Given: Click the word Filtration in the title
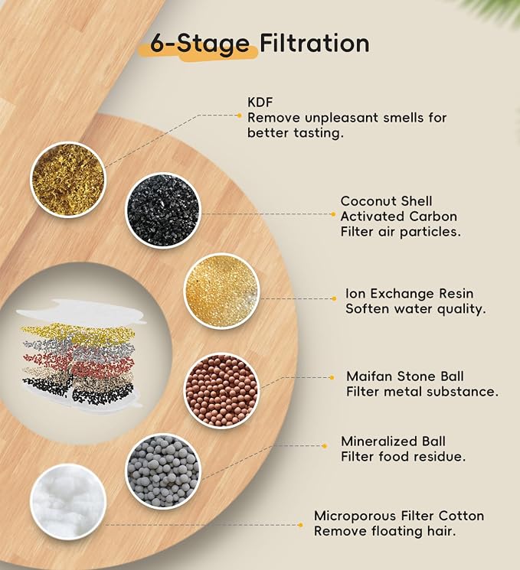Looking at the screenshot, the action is tap(315, 43).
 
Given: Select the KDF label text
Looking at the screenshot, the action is tap(260, 103).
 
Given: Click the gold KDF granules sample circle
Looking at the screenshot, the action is tap(67, 180).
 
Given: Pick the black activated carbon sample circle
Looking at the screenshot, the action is tap(162, 210).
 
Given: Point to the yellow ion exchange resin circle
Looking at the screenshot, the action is tap(221, 292).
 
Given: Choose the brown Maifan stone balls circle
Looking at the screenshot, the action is tap(221, 390).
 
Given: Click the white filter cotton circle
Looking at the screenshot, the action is tap(68, 502).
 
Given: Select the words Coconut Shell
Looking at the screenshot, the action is tap(386, 201).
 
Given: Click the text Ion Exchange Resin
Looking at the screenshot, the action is tap(410, 293).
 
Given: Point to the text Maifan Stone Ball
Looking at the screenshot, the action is tap(405, 376).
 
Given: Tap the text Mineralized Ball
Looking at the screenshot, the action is tap(393, 441).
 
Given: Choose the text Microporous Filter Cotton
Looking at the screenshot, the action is tap(399, 516).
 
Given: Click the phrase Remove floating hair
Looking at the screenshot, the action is tap(385, 531).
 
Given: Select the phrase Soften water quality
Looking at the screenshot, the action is tap(416, 308).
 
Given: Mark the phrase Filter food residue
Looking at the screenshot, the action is tap(403, 456).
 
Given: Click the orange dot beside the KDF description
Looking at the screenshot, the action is tap(239, 116).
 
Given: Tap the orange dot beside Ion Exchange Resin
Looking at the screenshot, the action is tap(334, 299).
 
